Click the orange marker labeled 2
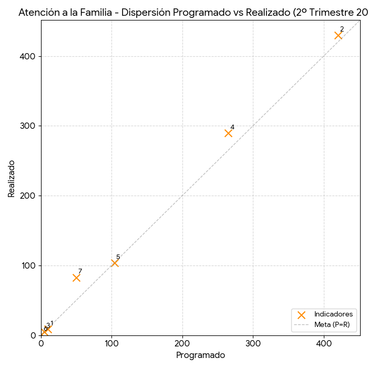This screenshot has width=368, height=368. (x=338, y=35)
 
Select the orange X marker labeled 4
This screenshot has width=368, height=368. (x=228, y=133)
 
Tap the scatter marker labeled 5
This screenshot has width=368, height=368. (x=115, y=263)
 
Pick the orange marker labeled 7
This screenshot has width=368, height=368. (x=76, y=278)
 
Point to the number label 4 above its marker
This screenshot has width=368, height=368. (x=232, y=127)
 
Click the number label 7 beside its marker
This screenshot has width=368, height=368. (x=80, y=271)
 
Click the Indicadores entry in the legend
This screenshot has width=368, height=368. (x=333, y=314)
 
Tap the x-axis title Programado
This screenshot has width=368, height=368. (x=200, y=355)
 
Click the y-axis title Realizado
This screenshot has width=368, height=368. (x=12, y=179)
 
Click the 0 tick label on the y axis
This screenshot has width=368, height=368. (x=34, y=335)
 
